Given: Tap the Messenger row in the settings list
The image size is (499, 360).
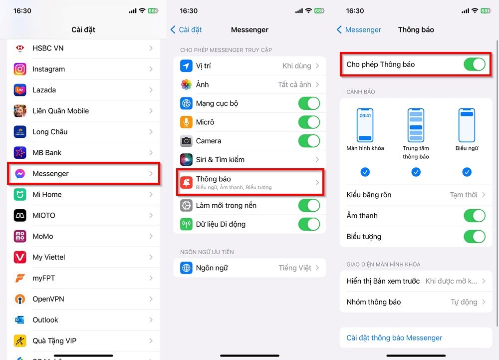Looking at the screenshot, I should pyautogui.click(x=84, y=174).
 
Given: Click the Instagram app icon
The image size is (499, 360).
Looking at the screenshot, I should pyautogui.click(x=20, y=69).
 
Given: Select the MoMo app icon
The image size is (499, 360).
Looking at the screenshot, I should pyautogui.click(x=20, y=236).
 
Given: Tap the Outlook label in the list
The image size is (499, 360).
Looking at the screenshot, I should pyautogui.click(x=45, y=320).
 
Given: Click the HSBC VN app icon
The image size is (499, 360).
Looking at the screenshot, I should pyautogui.click(x=20, y=48).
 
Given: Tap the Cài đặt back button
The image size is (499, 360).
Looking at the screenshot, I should pyautogui.click(x=186, y=30).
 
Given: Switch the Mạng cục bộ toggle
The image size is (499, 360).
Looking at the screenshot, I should pyautogui.click(x=309, y=103).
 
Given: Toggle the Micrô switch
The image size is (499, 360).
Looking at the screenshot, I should pyautogui.click(x=309, y=122).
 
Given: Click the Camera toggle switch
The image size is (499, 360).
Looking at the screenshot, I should pyautogui.click(x=309, y=141).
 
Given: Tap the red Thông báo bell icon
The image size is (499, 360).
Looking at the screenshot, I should pyautogui.click(x=186, y=182).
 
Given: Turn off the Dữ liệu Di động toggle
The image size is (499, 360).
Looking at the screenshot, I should pyautogui.click(x=309, y=224).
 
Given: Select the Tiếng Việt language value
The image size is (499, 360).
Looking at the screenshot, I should pyautogui.click(x=295, y=268).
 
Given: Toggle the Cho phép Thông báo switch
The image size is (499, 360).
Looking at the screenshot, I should pyautogui.click(x=475, y=64).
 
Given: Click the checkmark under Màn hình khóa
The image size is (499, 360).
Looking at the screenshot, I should pyautogui.click(x=365, y=172).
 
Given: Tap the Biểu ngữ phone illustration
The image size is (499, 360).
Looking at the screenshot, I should pyautogui.click(x=467, y=125).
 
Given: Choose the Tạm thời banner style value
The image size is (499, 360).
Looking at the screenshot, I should pyautogui.click(x=464, y=195).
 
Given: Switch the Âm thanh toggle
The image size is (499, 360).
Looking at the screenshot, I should pyautogui.click(x=475, y=216).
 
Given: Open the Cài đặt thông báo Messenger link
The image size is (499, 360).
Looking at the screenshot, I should pyautogui.click(x=394, y=338).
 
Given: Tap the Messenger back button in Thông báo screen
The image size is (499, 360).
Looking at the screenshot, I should pyautogui.click(x=359, y=30).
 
